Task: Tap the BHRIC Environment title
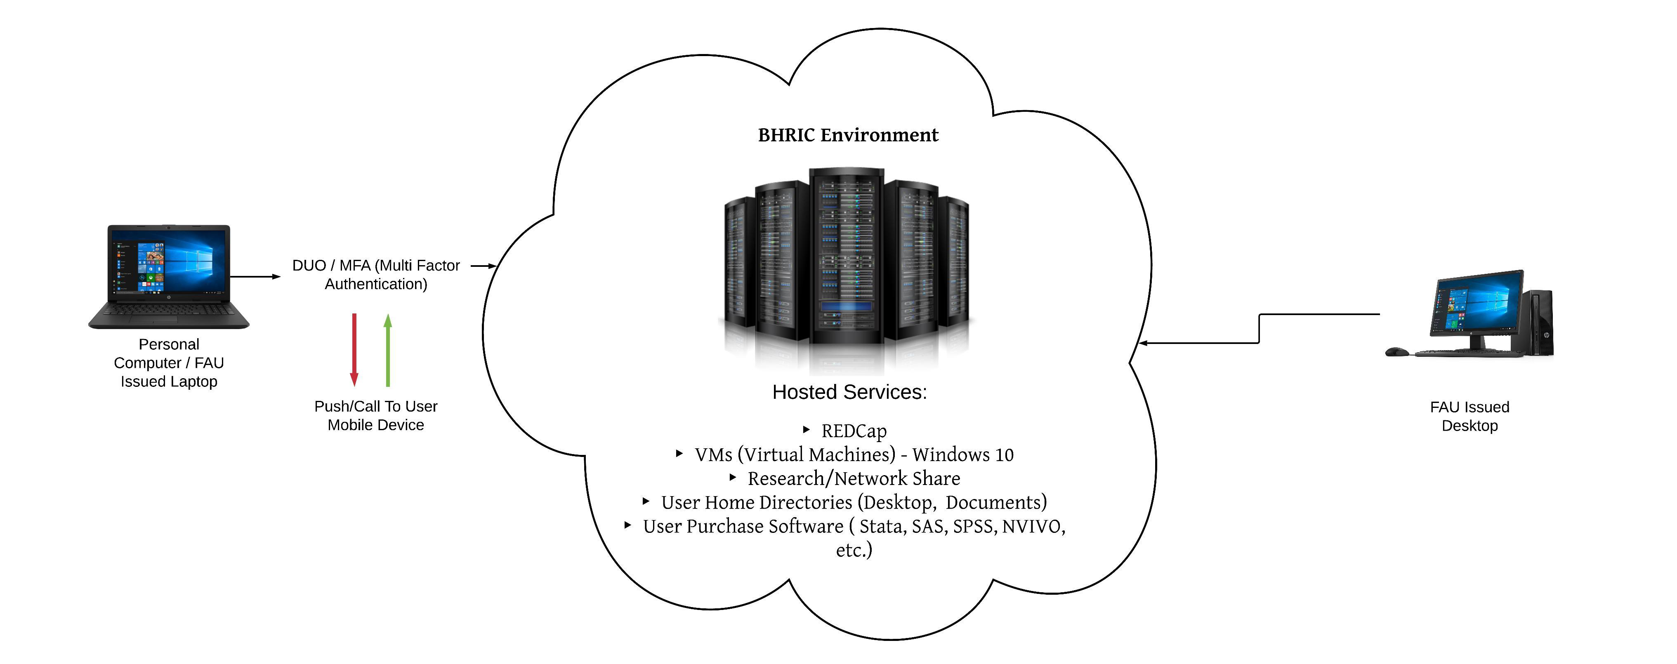coord(848,135)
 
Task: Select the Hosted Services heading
coord(849,392)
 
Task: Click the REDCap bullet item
coord(854,431)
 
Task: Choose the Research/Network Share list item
coord(854,478)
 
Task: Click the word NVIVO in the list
coord(1033,526)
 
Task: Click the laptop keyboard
coord(169,311)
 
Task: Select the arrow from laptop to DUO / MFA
coord(255,277)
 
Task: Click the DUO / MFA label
coord(376,275)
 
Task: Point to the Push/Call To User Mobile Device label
coord(376,415)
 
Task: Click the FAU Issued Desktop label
coord(1469,416)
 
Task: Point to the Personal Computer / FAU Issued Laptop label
coord(169,363)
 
